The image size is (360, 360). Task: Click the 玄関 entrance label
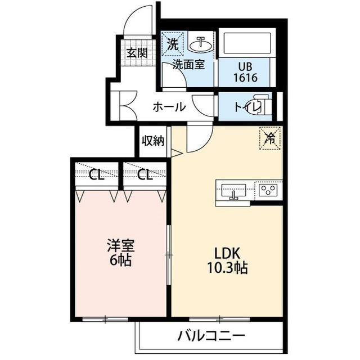(137, 53)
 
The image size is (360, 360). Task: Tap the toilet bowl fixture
(264, 107)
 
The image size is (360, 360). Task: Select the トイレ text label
(245, 107)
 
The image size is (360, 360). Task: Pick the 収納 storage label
(152, 140)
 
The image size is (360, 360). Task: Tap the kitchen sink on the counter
(232, 190)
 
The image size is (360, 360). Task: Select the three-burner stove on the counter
(267, 190)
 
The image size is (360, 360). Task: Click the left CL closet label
(96, 175)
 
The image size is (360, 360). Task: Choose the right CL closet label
(145, 175)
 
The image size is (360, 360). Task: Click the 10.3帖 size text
(229, 268)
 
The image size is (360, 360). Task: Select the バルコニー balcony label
(211, 337)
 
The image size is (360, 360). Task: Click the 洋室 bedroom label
(121, 246)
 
